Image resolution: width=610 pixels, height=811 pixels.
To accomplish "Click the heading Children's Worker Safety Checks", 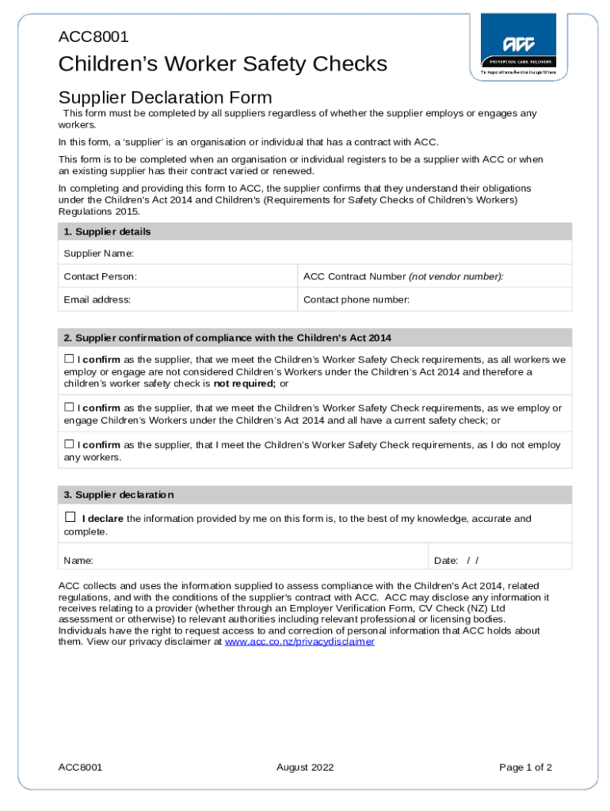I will (x=223, y=63).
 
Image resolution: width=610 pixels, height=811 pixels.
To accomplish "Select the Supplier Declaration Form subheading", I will (x=165, y=97).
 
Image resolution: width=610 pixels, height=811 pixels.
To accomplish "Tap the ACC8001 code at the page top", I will (x=93, y=36).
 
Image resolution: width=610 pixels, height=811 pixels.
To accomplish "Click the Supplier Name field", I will (x=349, y=253).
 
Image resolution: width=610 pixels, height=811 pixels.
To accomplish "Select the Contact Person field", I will (x=214, y=276).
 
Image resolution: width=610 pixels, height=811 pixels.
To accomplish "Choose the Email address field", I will (x=214, y=299).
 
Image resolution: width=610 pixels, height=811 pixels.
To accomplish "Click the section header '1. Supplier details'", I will (x=107, y=232).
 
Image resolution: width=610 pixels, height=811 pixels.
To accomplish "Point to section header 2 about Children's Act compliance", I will (x=227, y=337).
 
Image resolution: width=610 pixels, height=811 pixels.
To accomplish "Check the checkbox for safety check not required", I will (x=69, y=359).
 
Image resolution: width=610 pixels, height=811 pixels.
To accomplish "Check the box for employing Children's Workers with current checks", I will (x=69, y=407).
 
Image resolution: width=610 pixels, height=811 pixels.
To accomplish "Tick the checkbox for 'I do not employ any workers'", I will (x=69, y=444).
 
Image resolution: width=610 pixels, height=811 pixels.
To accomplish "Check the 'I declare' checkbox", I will (x=70, y=517).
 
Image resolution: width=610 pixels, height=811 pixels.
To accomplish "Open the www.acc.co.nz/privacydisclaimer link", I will (x=299, y=642).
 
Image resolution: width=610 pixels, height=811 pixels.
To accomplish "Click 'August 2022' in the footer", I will (x=305, y=767).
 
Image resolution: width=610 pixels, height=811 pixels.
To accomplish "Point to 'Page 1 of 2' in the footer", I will (x=525, y=767).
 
